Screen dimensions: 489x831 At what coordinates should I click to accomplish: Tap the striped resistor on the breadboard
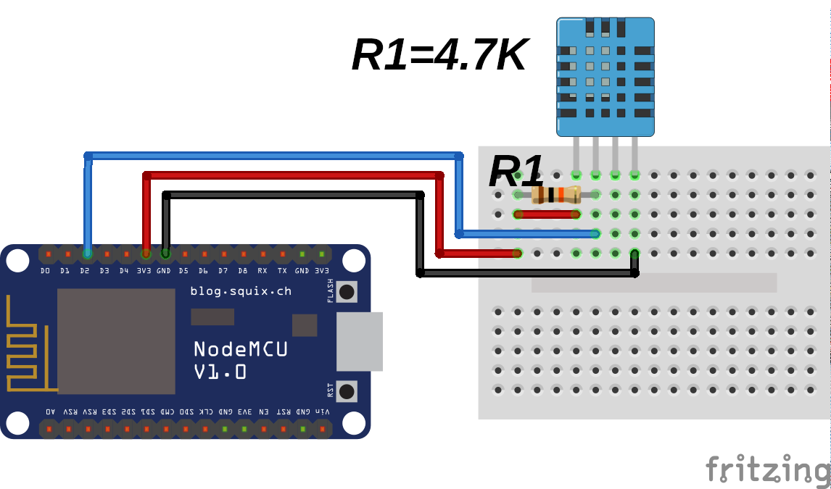point(556,194)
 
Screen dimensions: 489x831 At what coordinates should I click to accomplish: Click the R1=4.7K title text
point(439,55)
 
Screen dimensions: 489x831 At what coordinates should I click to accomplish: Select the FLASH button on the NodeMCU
point(347,291)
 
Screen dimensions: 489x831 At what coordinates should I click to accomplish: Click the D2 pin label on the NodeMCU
point(85,271)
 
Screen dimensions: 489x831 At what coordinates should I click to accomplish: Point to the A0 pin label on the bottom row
point(49,411)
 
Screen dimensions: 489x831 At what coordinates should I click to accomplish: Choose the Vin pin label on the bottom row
point(322,411)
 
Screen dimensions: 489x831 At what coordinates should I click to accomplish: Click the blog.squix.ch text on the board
point(240,291)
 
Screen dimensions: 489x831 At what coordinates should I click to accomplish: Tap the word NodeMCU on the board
point(240,349)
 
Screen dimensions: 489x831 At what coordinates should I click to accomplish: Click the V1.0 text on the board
point(220,372)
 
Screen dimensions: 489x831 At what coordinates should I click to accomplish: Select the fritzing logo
point(767,469)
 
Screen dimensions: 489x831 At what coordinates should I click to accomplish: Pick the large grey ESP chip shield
point(116,340)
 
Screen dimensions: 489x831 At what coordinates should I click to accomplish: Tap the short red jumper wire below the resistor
point(547,214)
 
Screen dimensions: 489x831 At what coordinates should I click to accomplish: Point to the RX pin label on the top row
point(262,271)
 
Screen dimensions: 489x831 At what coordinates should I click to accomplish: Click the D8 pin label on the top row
point(242,271)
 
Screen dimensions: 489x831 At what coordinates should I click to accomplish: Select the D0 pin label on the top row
point(46,271)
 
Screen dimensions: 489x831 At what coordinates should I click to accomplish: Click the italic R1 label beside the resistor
point(516,172)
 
